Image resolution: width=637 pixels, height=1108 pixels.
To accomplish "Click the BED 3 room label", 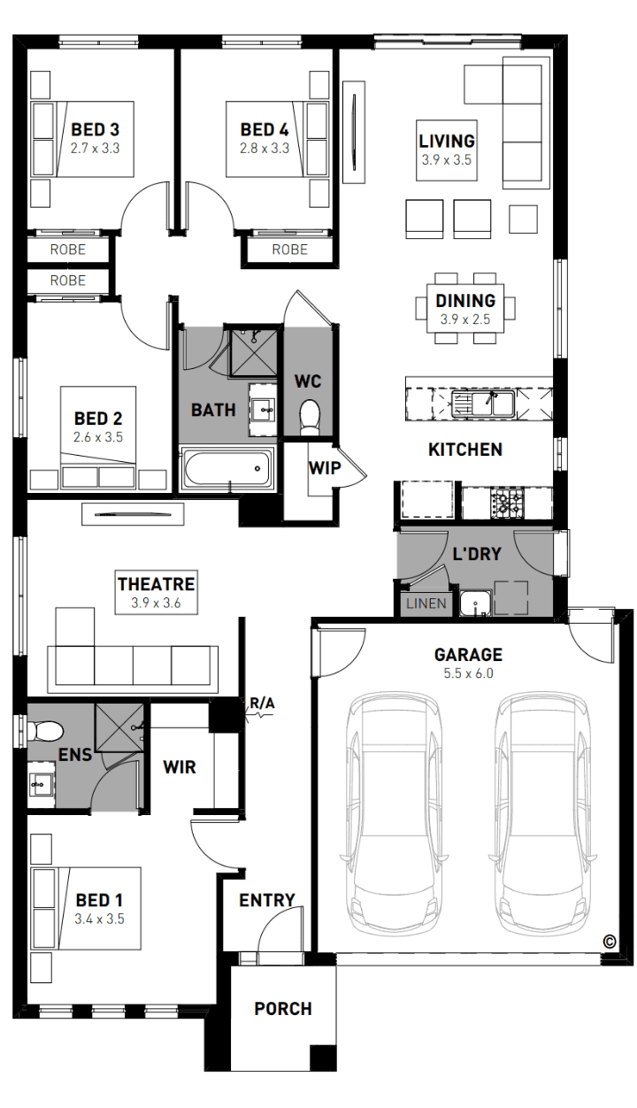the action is click(x=95, y=129).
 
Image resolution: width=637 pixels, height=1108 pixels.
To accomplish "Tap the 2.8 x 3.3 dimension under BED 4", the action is click(x=265, y=148).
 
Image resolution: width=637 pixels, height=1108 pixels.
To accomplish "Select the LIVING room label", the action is click(x=447, y=141).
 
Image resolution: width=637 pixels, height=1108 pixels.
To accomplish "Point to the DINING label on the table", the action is click(x=465, y=300).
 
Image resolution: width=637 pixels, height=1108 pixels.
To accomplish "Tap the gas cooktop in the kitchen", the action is click(x=507, y=503).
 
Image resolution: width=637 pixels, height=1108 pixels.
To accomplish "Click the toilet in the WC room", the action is click(x=310, y=417).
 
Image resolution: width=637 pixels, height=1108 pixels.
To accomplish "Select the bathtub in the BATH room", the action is click(x=227, y=469).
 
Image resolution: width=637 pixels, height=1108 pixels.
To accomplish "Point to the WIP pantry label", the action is click(x=325, y=467).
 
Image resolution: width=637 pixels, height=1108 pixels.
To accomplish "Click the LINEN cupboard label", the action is click(x=426, y=604).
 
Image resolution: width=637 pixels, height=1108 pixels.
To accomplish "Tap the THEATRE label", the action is click(x=157, y=584).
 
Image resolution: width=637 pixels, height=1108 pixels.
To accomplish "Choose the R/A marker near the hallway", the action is click(x=262, y=703).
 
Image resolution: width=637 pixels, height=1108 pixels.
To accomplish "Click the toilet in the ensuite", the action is click(x=45, y=731).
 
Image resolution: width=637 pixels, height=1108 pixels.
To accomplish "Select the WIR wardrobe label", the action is click(x=180, y=767).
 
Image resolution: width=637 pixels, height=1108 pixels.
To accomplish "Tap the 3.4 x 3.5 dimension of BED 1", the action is click(x=99, y=919).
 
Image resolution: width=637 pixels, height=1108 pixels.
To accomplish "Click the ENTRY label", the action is click(x=267, y=900).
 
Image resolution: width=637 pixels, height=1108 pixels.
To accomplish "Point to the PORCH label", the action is click(x=283, y=1009).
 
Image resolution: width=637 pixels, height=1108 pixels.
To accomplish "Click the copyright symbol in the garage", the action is click(x=610, y=942).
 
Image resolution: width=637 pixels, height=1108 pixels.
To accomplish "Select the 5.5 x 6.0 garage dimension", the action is click(x=468, y=673).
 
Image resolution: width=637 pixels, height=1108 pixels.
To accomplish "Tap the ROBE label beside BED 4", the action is click(x=290, y=250).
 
